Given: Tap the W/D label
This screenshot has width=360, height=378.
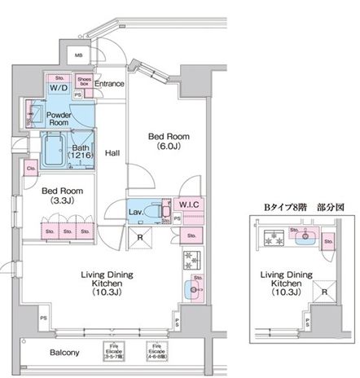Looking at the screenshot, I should (x=58, y=86).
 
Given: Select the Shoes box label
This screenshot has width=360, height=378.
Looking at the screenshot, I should (x=83, y=81).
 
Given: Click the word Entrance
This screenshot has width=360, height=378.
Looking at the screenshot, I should (x=109, y=83).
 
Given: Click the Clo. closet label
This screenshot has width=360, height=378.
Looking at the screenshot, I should (x=31, y=169).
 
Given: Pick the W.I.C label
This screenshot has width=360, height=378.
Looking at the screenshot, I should (x=190, y=204).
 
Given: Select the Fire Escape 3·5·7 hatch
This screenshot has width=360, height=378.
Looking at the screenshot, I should (x=119, y=354).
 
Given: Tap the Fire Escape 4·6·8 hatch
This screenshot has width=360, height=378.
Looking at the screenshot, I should (x=156, y=354).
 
